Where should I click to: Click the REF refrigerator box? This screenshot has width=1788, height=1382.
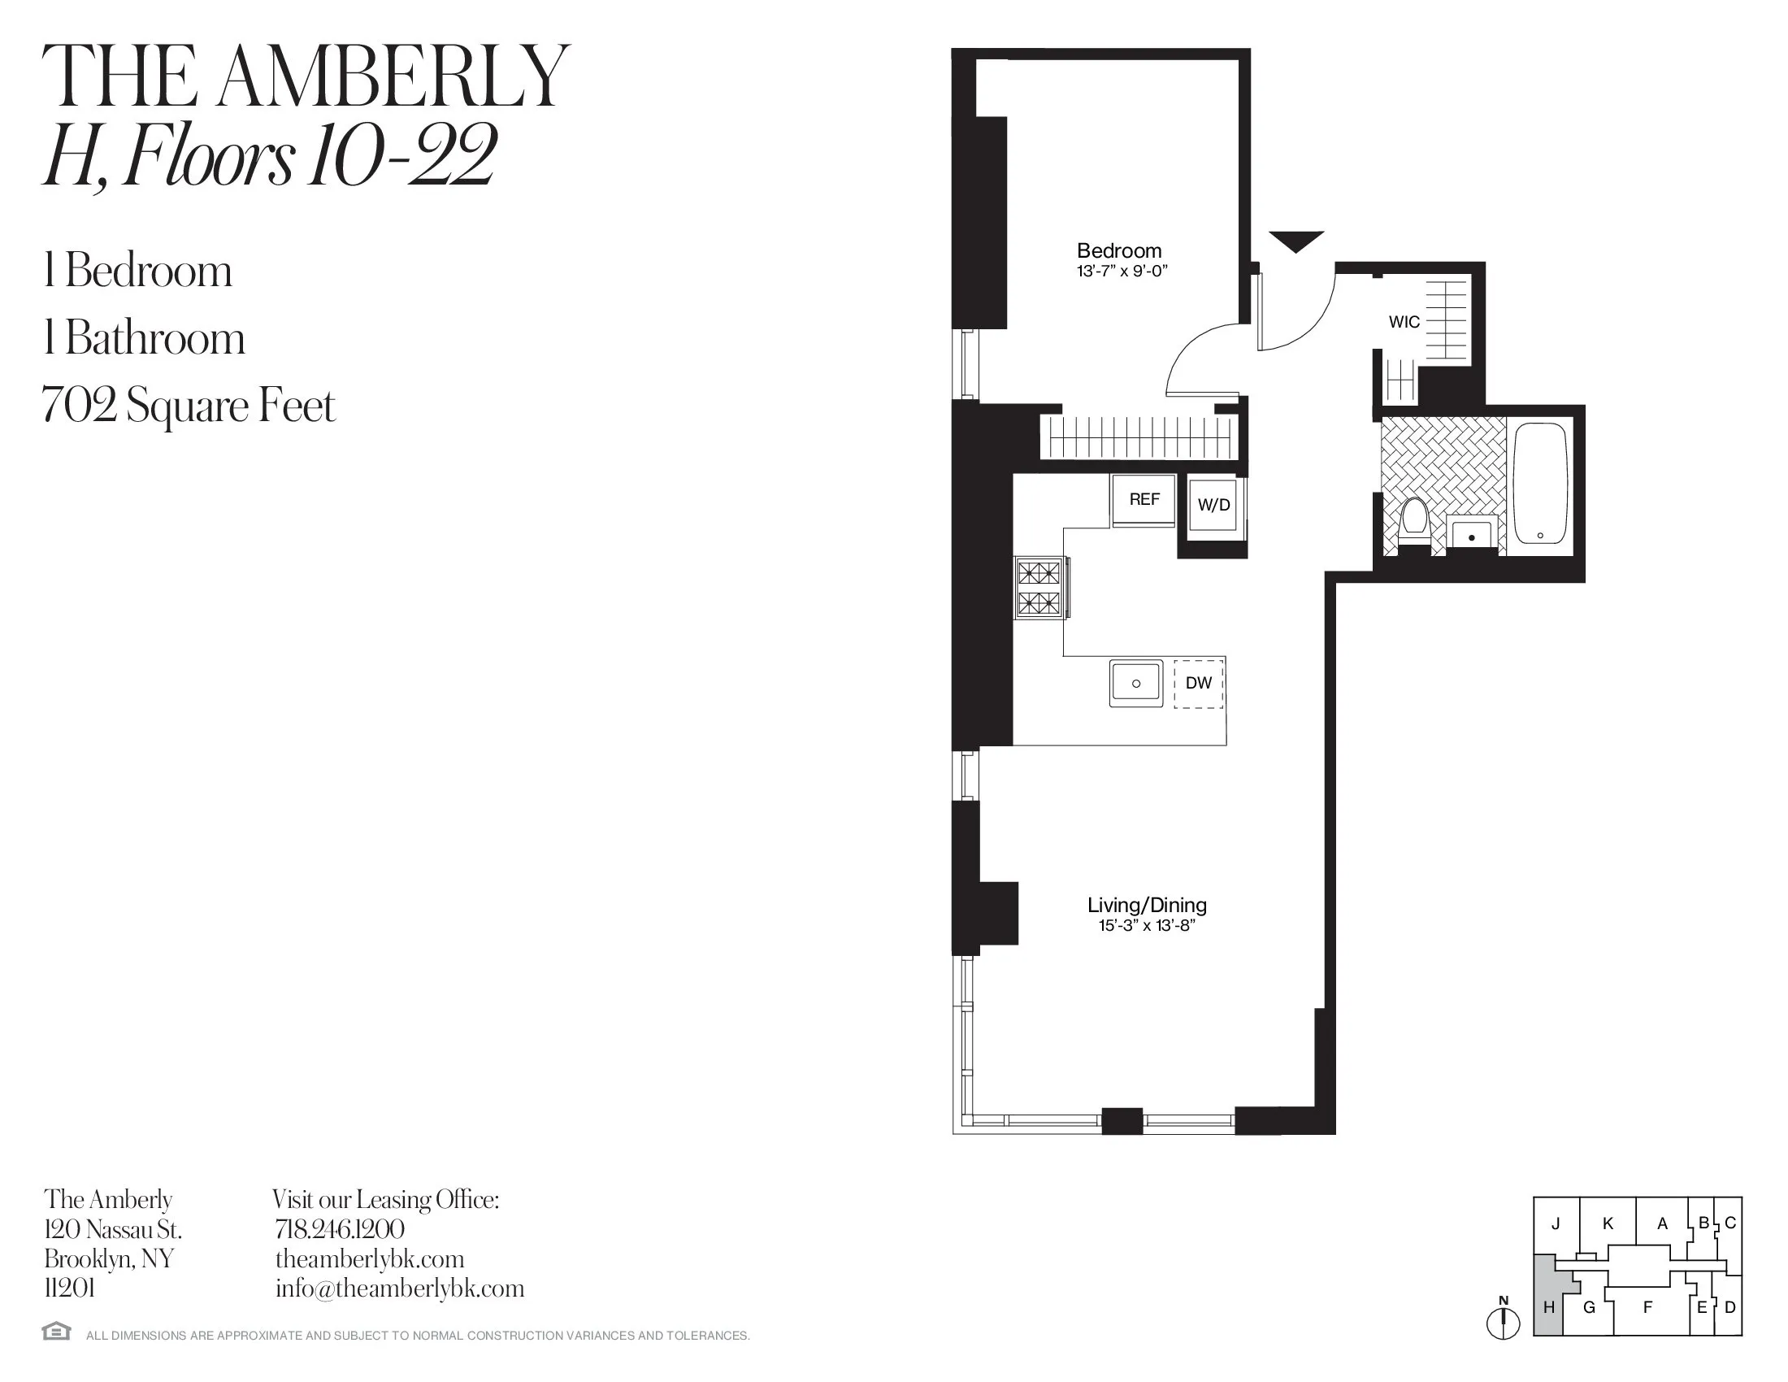tap(1144, 499)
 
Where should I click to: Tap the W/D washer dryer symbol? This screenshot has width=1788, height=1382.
tap(1213, 505)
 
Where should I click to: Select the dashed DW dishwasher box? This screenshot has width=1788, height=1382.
tap(1199, 683)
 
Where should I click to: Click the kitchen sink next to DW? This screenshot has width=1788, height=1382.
tap(1135, 683)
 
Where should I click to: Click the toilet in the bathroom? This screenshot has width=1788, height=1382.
tap(1414, 521)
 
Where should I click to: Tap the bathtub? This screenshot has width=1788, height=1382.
tap(1540, 484)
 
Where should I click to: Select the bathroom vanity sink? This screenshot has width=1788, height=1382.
tap(1472, 533)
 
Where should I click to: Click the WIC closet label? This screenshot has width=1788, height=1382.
tap(1404, 322)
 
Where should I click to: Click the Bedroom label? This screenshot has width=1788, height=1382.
tap(1119, 250)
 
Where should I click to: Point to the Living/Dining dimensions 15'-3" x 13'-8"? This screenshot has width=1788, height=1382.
tap(1147, 926)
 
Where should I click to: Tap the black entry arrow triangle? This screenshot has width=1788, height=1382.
tap(1296, 241)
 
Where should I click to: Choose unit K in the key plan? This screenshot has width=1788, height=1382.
tap(1608, 1224)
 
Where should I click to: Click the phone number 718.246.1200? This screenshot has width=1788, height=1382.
tap(340, 1229)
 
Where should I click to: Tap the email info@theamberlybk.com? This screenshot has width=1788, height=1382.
tap(400, 1289)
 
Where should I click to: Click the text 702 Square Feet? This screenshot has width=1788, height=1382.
tap(189, 406)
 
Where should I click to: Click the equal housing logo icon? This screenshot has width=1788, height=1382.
tap(57, 1332)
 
